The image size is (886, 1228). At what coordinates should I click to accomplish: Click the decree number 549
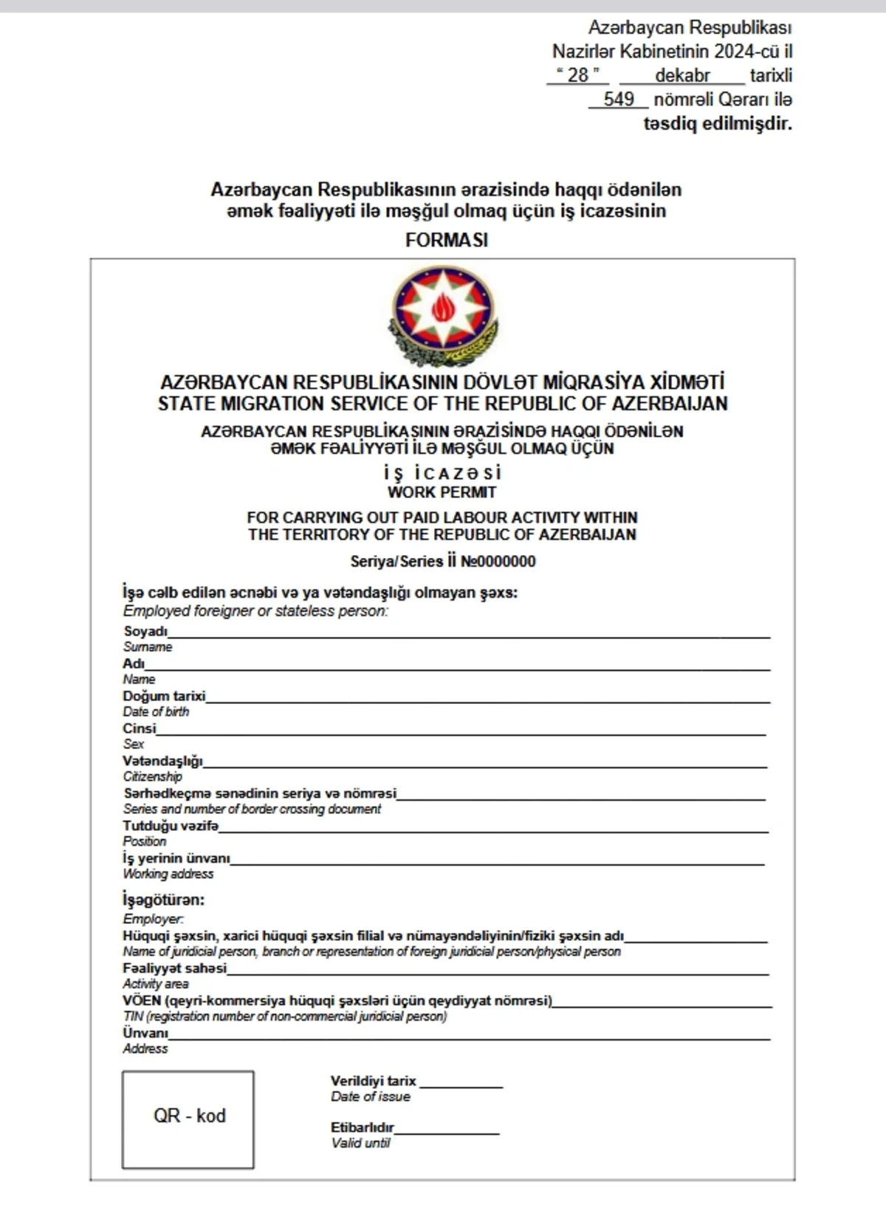[x=619, y=99]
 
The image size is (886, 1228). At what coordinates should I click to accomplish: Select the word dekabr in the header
[x=682, y=75]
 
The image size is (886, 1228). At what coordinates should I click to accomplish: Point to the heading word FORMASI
[x=447, y=240]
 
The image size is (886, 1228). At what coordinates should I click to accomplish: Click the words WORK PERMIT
[x=442, y=492]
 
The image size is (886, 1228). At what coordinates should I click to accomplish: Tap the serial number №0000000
[x=498, y=562]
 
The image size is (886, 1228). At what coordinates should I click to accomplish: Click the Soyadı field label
[x=145, y=631]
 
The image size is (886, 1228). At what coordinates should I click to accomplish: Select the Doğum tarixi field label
[x=164, y=696]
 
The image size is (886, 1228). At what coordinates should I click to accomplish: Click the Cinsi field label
[x=140, y=728]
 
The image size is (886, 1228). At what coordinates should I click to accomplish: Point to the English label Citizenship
[x=152, y=776]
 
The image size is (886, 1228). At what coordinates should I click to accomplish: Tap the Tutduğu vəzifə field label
[x=171, y=826]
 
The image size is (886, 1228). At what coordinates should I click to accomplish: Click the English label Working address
[x=168, y=874]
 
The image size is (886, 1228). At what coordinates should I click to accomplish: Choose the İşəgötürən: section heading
[x=163, y=900]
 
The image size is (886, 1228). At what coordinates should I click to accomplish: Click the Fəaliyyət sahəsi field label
[x=175, y=967]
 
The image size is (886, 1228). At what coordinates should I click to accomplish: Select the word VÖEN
[x=142, y=1001]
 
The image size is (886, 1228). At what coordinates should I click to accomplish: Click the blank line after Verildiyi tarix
[x=461, y=1083]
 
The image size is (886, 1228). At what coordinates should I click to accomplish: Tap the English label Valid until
[x=360, y=1143]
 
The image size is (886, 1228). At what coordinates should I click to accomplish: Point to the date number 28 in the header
[x=578, y=75]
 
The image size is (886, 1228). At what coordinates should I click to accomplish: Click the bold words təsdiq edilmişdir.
[x=717, y=123]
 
